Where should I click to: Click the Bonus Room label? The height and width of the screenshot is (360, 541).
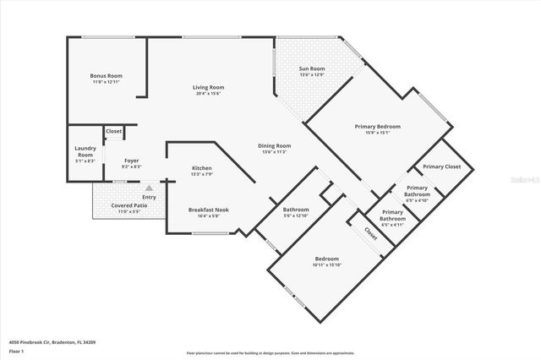click(106, 76)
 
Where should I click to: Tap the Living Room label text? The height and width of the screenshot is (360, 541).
click(208, 87)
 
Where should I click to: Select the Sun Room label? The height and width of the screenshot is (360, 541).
click(312, 68)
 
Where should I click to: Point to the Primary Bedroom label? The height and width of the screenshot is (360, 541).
click(377, 126)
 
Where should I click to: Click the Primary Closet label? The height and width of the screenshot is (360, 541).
click(441, 166)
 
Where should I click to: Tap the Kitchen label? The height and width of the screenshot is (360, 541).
click(201, 168)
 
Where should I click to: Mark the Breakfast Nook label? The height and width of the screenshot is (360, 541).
click(208, 210)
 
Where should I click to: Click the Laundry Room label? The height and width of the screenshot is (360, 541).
click(85, 151)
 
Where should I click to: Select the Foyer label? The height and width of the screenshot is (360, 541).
click(131, 161)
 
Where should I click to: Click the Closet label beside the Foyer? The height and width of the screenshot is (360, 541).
click(114, 132)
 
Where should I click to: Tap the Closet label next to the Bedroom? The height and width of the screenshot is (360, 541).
click(370, 232)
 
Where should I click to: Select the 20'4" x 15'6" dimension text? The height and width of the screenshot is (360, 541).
click(208, 94)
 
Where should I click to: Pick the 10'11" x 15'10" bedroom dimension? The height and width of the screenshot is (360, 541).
click(327, 265)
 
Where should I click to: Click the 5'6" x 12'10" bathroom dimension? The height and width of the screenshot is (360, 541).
click(296, 216)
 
